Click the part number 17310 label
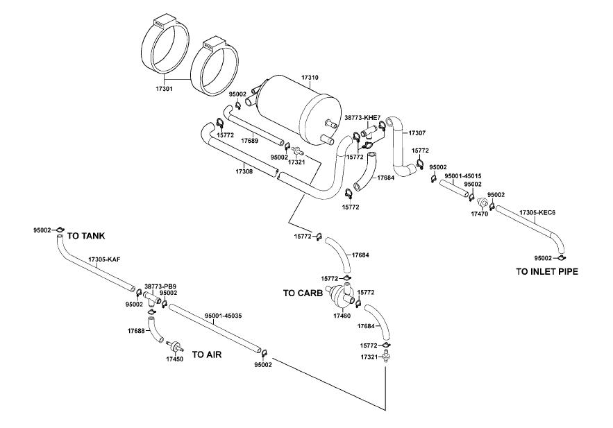click(310, 78)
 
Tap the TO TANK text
click(86, 236)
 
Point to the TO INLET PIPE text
click(547, 272)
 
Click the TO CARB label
click(303, 293)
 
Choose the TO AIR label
click(206, 354)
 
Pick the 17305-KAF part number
click(104, 259)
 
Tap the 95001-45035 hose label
click(224, 316)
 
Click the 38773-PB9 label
click(160, 286)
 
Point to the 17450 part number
click(175, 359)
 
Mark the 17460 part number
click(342, 316)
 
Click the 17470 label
click(480, 214)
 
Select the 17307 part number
click(417, 132)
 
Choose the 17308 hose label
click(244, 171)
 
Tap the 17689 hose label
click(250, 141)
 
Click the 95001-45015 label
click(463, 176)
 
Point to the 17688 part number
click(136, 331)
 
